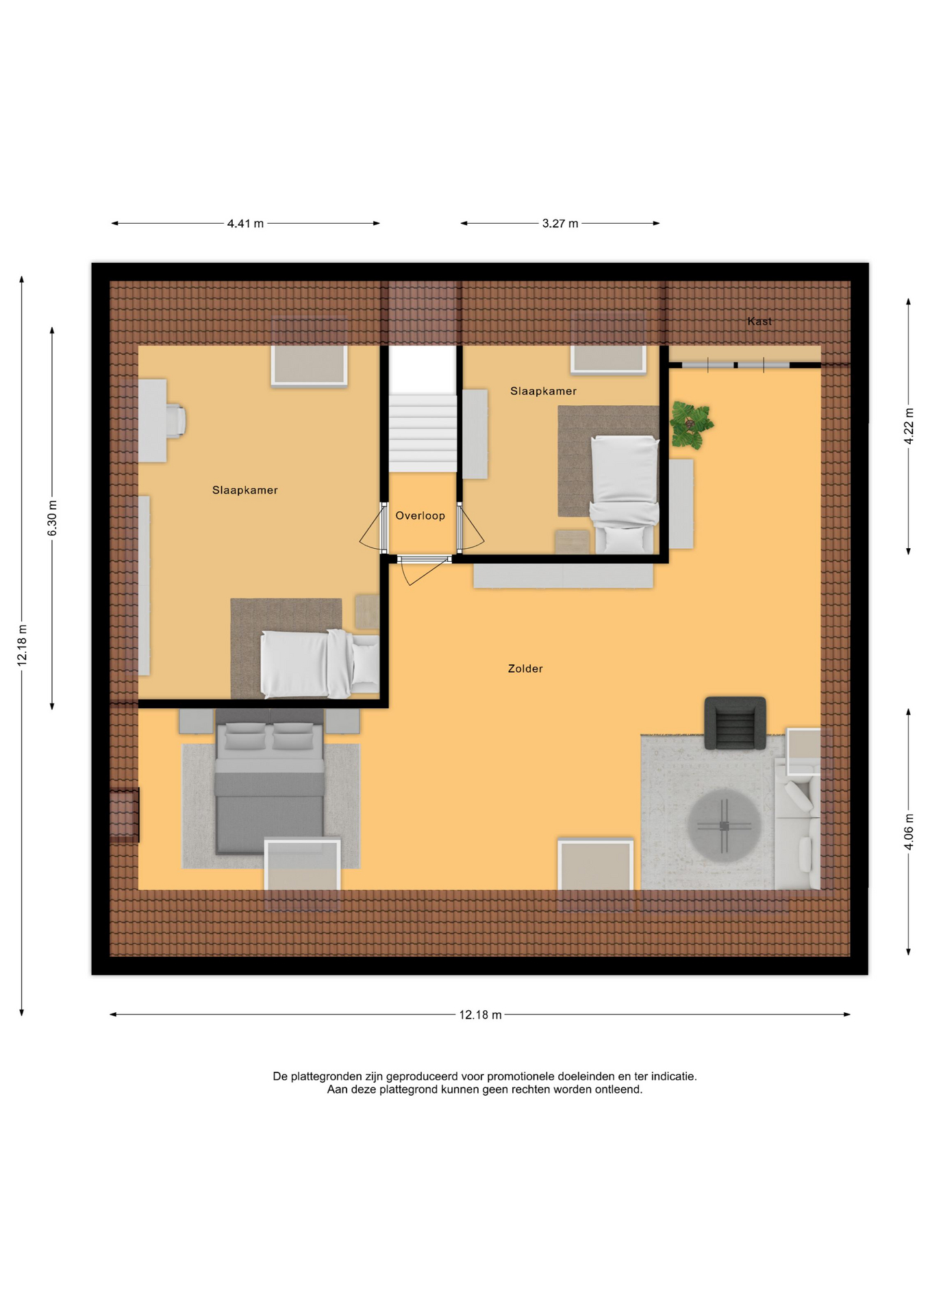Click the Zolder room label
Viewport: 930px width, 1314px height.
point(525,669)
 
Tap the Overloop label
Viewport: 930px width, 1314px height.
point(420,516)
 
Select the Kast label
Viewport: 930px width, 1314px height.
point(759,321)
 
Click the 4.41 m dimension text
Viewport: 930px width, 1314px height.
point(245,224)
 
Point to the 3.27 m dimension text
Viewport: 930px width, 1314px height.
point(560,224)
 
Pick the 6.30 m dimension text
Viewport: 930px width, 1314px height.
point(53,518)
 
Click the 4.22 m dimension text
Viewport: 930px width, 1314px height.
point(909,426)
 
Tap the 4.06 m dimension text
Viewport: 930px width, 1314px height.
point(909,832)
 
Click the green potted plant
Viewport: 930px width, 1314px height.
point(691,425)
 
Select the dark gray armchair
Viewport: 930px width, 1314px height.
point(735,723)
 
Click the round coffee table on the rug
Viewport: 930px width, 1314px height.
point(724,825)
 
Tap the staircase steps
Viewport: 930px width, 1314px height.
point(423,433)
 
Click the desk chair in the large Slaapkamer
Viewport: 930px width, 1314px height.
point(176,420)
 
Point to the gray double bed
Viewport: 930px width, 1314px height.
point(270,782)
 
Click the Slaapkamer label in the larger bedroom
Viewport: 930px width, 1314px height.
point(245,490)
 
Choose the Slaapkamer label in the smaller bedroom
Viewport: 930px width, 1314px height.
point(543,391)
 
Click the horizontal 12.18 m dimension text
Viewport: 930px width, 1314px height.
point(480,1015)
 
